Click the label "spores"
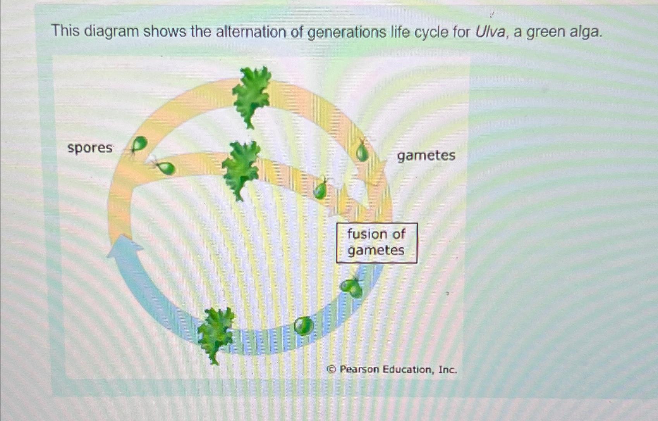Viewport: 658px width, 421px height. click(x=90, y=148)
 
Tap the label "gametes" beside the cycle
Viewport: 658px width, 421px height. click(x=426, y=155)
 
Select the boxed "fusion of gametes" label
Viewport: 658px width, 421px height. click(x=376, y=243)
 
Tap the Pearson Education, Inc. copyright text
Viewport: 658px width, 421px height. click(x=392, y=369)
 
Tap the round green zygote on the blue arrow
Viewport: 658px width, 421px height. click(x=303, y=326)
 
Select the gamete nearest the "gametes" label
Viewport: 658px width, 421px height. click(x=363, y=152)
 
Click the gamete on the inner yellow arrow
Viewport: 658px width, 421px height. click(x=321, y=189)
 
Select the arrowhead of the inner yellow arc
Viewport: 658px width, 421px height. click(x=343, y=204)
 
